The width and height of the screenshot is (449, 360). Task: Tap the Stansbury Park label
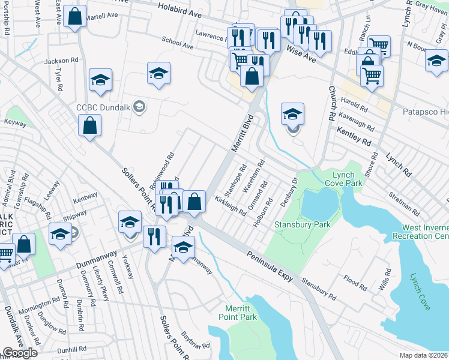pyautogui.click(x=294, y=225)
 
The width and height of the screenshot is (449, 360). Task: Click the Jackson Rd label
pyautogui.click(x=61, y=61)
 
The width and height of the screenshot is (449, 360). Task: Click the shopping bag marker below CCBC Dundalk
pyautogui.click(x=89, y=126)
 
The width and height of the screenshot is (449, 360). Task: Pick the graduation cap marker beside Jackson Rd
pyautogui.click(x=100, y=80)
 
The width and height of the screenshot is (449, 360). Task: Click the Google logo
pyautogui.click(x=20, y=352)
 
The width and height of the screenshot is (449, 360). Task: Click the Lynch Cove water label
pyautogui.click(x=418, y=292)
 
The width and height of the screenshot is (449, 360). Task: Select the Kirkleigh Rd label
pyautogui.click(x=231, y=208)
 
